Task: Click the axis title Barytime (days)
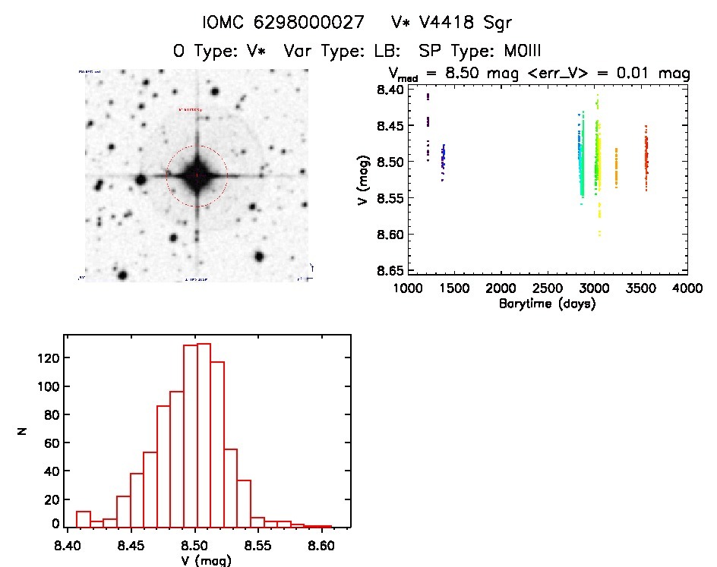tap(547, 304)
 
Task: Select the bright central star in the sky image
tap(197, 175)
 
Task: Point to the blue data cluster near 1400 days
tap(443, 158)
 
